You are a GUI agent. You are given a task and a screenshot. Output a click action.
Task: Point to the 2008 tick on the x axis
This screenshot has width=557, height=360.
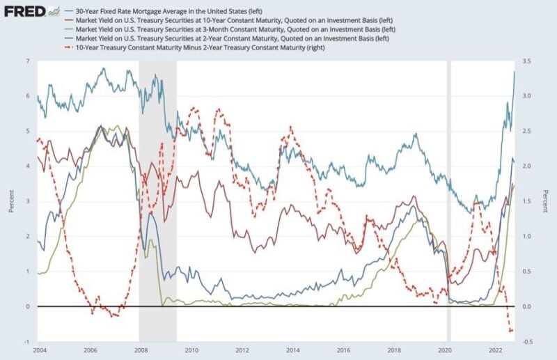click(141, 350)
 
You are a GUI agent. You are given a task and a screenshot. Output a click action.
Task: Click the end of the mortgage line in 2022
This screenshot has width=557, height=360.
click(515, 72)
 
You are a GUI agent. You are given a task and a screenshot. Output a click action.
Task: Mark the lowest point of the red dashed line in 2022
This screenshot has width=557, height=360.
click(510, 331)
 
